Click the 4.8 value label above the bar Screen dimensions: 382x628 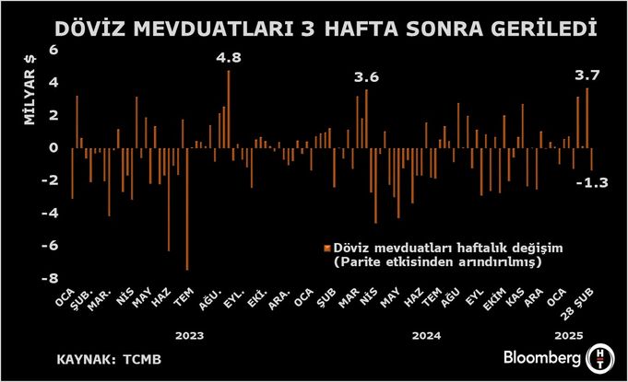pos(229,58)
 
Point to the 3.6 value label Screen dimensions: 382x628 pos(367,77)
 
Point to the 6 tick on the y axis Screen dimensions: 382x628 pos(53,50)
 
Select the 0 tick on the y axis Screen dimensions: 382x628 pos(53,147)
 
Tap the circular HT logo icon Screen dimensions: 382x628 pos(598,357)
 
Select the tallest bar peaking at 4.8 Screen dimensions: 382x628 pos(229,109)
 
